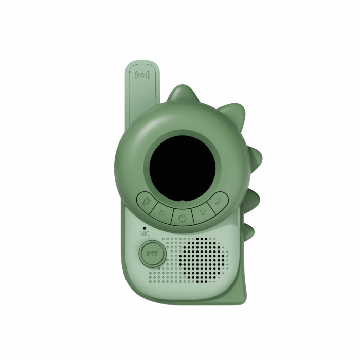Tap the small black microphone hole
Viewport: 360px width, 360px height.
click(x=145, y=227)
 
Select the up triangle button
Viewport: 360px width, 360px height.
click(x=163, y=211)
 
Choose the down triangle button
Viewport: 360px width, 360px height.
click(x=202, y=211)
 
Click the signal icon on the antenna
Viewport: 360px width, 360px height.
click(x=142, y=75)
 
